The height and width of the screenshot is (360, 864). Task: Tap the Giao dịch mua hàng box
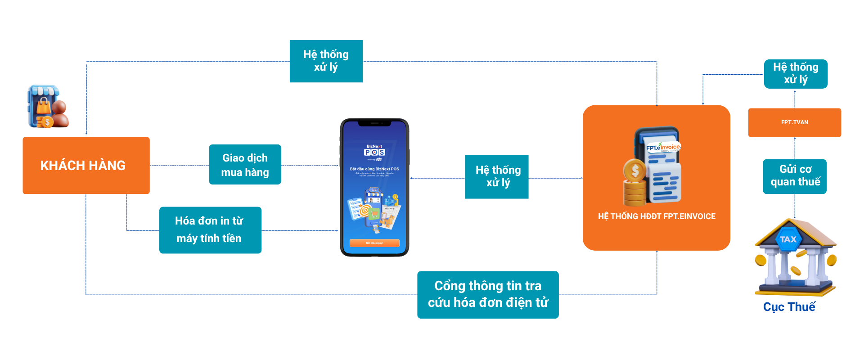point(245,165)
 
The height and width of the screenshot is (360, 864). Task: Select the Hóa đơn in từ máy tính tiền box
point(210,230)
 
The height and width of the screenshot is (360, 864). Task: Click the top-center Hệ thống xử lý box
point(326,61)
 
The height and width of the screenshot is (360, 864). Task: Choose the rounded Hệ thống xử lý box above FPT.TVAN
point(795,74)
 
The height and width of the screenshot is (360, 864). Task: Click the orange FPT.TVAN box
point(794,122)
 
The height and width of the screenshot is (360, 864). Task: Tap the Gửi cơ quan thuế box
point(795,176)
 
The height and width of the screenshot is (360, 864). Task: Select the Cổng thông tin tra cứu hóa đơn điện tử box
point(488,295)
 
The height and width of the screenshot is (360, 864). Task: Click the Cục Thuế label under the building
point(789,307)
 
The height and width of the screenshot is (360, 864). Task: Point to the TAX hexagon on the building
point(788,239)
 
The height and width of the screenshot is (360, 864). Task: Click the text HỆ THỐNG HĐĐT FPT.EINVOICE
point(656,216)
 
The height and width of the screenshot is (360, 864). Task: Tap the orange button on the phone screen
point(374,243)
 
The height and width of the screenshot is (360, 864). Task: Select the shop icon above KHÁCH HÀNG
point(48,107)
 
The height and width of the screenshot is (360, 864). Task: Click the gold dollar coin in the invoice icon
point(634,171)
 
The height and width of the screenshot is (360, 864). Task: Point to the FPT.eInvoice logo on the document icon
point(663,147)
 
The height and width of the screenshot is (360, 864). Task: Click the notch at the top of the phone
point(374,123)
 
